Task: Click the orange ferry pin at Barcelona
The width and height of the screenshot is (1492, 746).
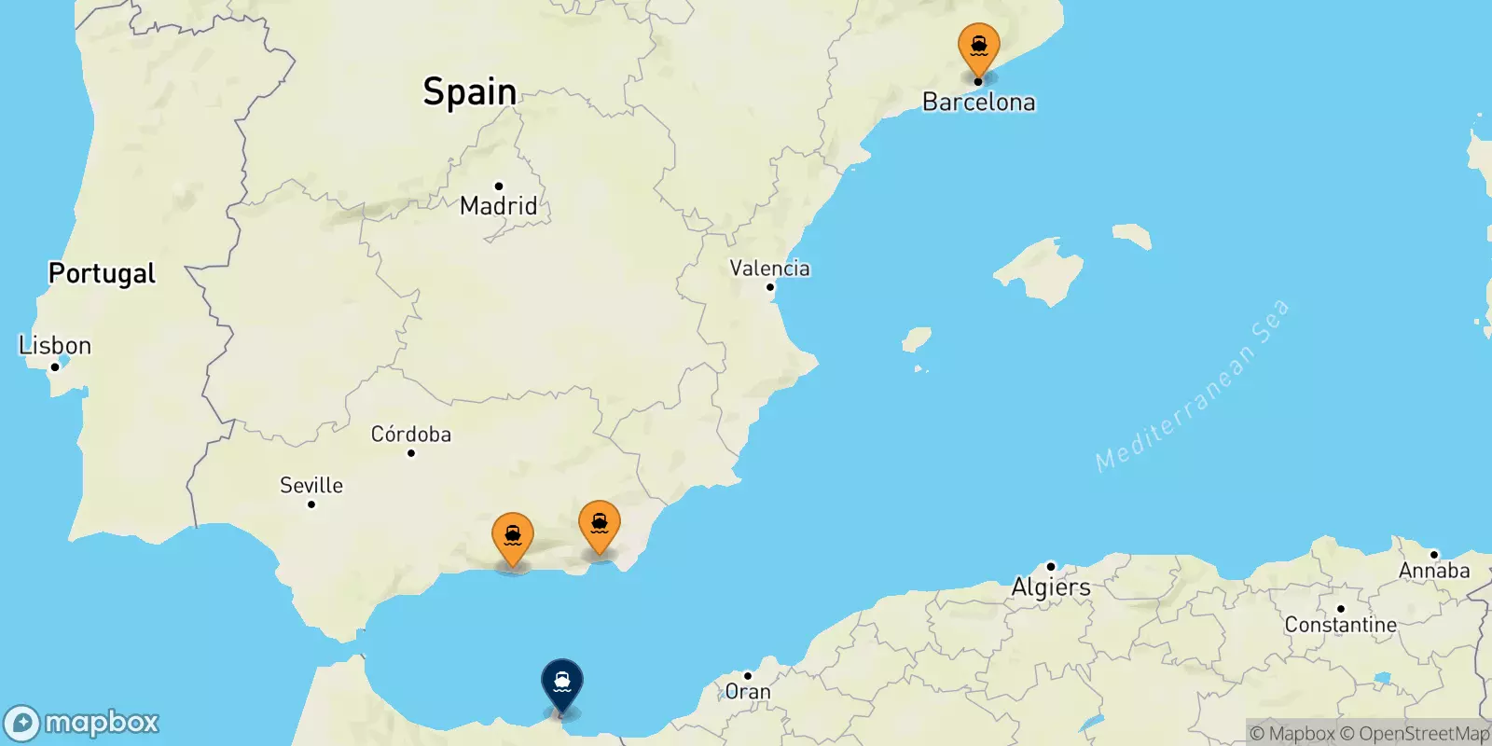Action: [x=978, y=47]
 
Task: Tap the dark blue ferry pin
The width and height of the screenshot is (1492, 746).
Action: [x=562, y=683]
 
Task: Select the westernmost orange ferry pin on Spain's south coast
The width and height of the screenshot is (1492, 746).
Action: [x=513, y=536]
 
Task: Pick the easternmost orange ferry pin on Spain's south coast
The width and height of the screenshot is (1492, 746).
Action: [x=600, y=524]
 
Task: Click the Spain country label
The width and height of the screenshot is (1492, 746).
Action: [x=469, y=91]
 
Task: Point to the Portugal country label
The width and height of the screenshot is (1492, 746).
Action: [x=102, y=273]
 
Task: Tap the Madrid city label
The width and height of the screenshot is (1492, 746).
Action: [x=499, y=206]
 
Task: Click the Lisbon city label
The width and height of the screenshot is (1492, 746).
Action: [x=55, y=346]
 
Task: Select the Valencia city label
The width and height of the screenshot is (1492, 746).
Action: [x=769, y=269]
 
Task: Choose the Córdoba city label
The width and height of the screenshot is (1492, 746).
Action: [x=411, y=435]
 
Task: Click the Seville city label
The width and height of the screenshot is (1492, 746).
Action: [x=311, y=486]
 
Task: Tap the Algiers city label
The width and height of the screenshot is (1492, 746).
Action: [x=1051, y=587]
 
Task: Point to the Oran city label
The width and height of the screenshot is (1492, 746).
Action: [x=748, y=692]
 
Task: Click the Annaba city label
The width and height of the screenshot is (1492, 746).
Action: [x=1434, y=571]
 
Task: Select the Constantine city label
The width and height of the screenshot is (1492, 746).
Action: [x=1340, y=625]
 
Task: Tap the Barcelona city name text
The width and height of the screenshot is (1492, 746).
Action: [x=978, y=103]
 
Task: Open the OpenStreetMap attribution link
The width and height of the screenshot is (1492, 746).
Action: [x=1415, y=734]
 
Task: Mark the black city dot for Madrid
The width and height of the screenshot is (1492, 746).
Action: [x=499, y=186]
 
